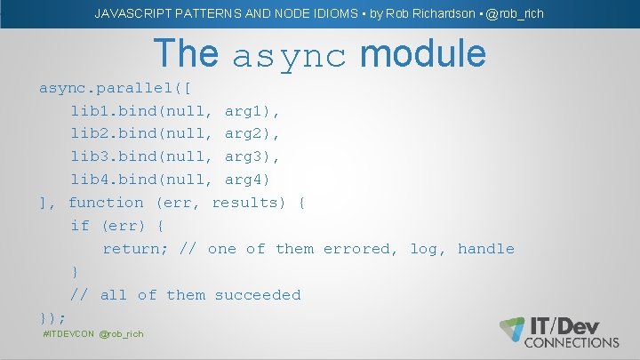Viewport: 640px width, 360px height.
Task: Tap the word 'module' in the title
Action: tap(423, 54)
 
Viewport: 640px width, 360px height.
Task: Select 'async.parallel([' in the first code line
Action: tap(120, 88)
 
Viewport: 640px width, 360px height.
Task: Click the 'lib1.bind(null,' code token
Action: tap(142, 111)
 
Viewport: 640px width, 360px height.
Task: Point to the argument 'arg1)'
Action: tap(253, 111)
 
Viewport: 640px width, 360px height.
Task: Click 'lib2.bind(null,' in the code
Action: tap(142, 134)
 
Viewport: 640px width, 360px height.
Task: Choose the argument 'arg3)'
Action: tap(253, 157)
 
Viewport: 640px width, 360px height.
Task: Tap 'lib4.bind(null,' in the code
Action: tap(142, 180)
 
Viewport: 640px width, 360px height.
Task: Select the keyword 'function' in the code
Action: tap(106, 203)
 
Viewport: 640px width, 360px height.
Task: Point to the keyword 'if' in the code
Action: tap(80, 226)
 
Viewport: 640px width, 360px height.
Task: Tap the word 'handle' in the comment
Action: tap(486, 249)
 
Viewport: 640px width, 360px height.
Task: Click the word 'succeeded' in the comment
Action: tap(258, 295)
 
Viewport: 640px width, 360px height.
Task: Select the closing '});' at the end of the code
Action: tap(53, 317)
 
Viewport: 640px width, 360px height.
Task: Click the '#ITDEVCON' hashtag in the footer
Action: tap(68, 333)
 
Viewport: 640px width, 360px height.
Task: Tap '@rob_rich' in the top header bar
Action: tap(515, 13)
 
